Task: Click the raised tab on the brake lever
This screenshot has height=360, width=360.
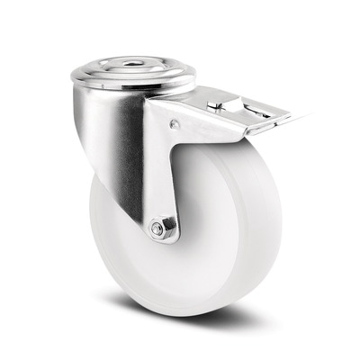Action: (216, 105)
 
